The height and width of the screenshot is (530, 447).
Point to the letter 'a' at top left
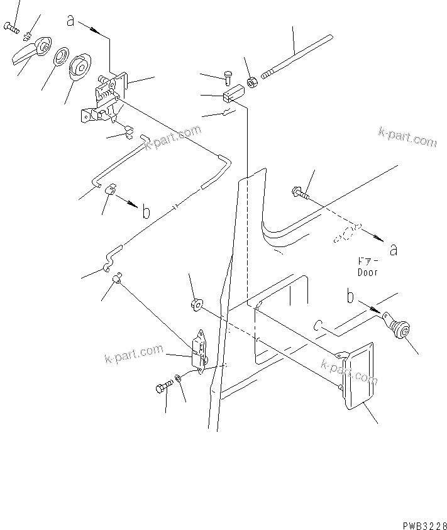(70, 21)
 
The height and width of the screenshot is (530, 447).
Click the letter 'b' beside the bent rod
(146, 213)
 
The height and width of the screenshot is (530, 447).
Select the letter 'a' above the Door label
(393, 250)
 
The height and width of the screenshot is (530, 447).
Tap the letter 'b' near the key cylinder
(351, 295)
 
